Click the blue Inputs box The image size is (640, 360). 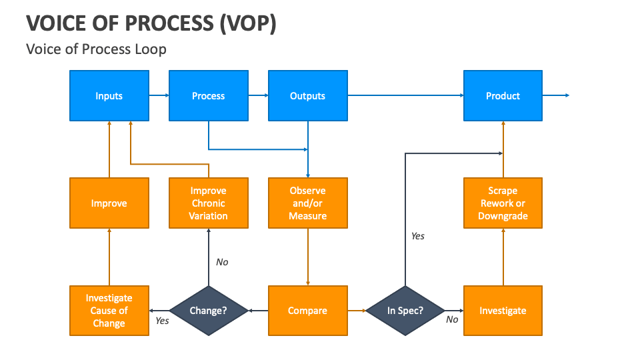(109, 96)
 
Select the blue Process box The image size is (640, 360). (208, 96)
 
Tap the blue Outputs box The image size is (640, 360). (307, 96)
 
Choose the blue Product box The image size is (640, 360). (503, 96)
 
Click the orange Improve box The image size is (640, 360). (109, 203)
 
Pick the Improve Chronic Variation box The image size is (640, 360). (208, 203)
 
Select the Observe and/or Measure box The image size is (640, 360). (307, 203)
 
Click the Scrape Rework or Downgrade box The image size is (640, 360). (503, 203)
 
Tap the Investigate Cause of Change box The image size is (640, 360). (109, 311)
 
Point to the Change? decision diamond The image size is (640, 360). (208, 311)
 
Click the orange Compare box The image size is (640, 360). (307, 311)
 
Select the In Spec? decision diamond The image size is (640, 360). (405, 311)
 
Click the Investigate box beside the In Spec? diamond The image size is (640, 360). (503, 311)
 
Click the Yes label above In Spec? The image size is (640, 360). (417, 236)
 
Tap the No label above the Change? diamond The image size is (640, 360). (222, 262)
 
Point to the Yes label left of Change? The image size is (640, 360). (162, 321)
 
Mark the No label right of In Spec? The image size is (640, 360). (452, 319)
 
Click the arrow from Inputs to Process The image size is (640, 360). (159, 96)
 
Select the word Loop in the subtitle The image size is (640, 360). (151, 49)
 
